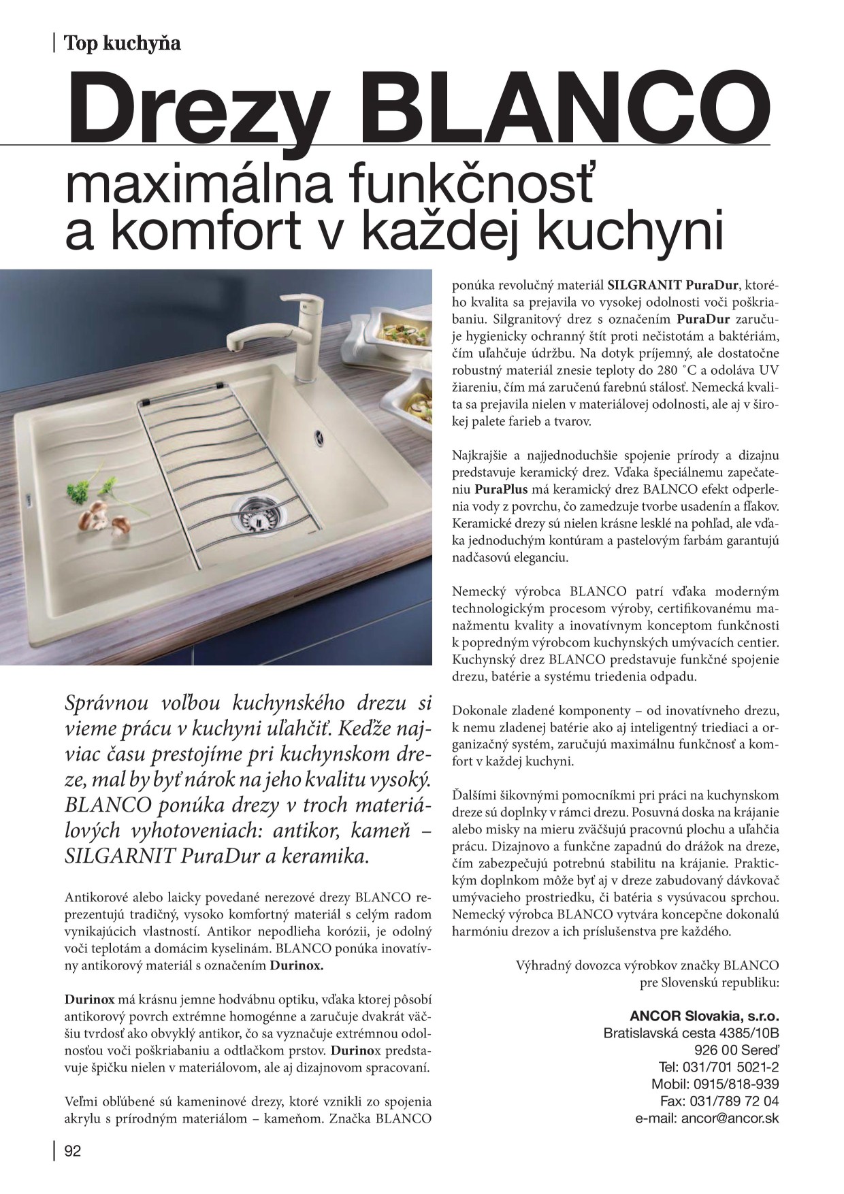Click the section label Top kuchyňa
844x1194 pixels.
(122, 44)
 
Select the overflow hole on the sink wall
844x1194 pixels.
(320, 435)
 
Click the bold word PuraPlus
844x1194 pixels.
(502, 488)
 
